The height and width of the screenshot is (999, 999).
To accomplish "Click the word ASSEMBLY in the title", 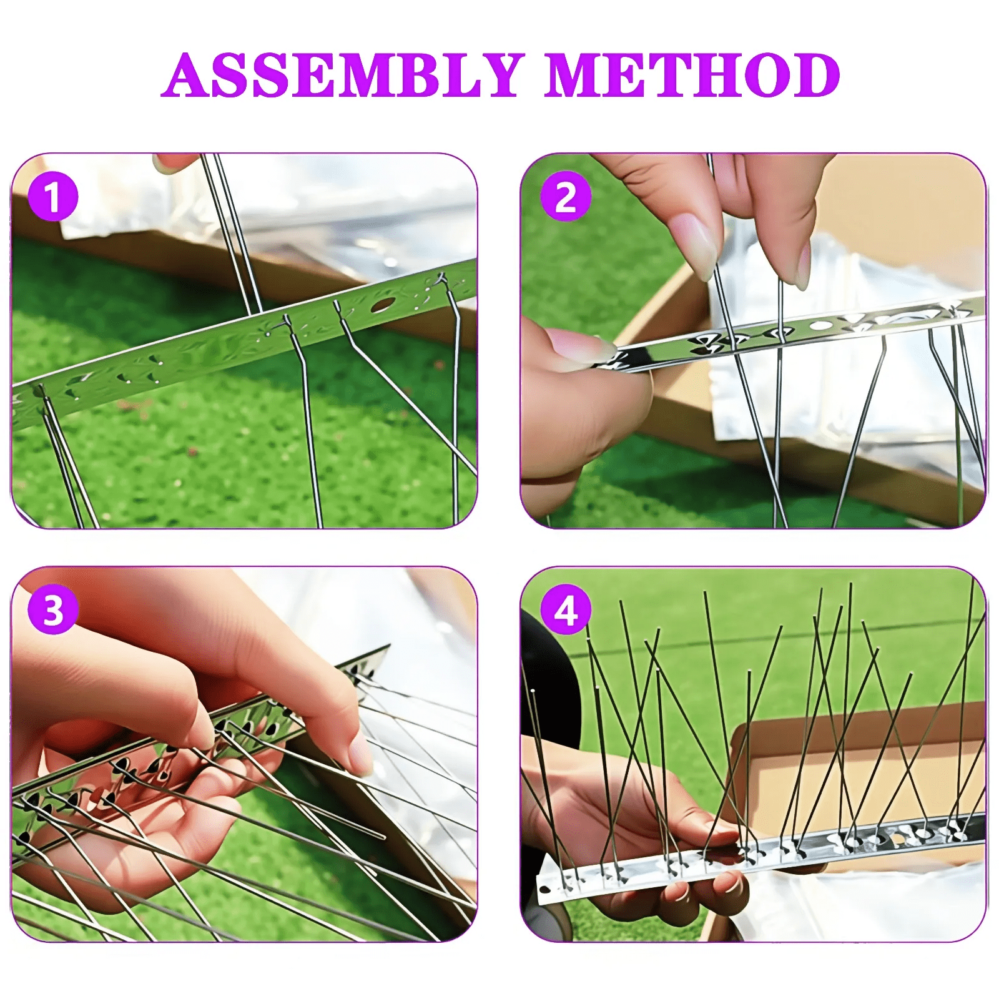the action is tap(343, 75).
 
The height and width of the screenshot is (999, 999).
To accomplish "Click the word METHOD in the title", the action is tap(692, 75).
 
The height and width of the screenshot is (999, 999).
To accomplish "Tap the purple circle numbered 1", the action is tap(53, 197).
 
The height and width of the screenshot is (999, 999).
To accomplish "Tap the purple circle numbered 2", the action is tap(566, 197).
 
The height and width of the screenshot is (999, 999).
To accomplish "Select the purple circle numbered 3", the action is tap(53, 610).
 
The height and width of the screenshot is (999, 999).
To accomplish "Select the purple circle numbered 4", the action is tap(566, 610).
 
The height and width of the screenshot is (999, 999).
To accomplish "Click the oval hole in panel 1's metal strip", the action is tap(383, 305).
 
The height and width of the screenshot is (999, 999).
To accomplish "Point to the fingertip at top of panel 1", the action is tap(175, 161).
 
